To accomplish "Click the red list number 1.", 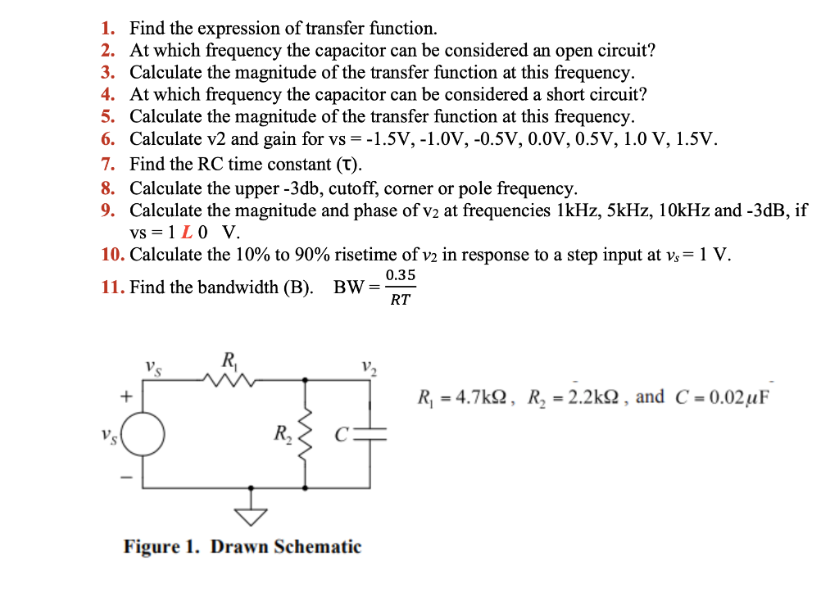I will pyautogui.click(x=107, y=29).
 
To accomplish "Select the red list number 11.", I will pyautogui.click(x=112, y=287).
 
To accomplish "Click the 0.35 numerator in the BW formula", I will pyautogui.click(x=400, y=275).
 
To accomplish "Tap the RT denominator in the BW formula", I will pyautogui.click(x=400, y=301).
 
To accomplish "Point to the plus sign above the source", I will pyautogui.click(x=126, y=396).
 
